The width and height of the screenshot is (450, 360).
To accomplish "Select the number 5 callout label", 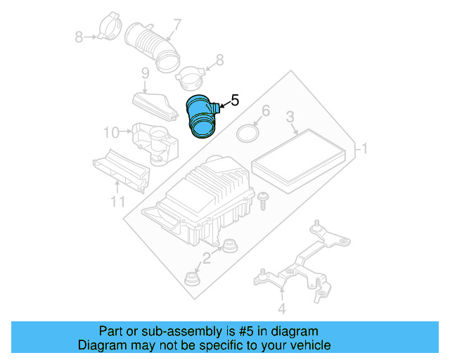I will click(x=235, y=101).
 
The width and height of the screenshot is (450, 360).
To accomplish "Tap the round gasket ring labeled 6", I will click(x=246, y=133).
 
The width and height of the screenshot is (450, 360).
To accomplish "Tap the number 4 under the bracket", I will click(x=282, y=308).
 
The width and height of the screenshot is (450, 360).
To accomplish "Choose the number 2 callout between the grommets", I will click(x=206, y=258).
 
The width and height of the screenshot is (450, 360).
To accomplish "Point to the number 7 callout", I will click(x=176, y=25).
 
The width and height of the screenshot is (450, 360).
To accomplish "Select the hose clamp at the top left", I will click(x=107, y=26).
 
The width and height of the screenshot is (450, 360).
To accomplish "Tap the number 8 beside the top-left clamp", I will click(x=79, y=37).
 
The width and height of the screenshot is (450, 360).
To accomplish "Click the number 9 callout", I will click(x=145, y=73).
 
